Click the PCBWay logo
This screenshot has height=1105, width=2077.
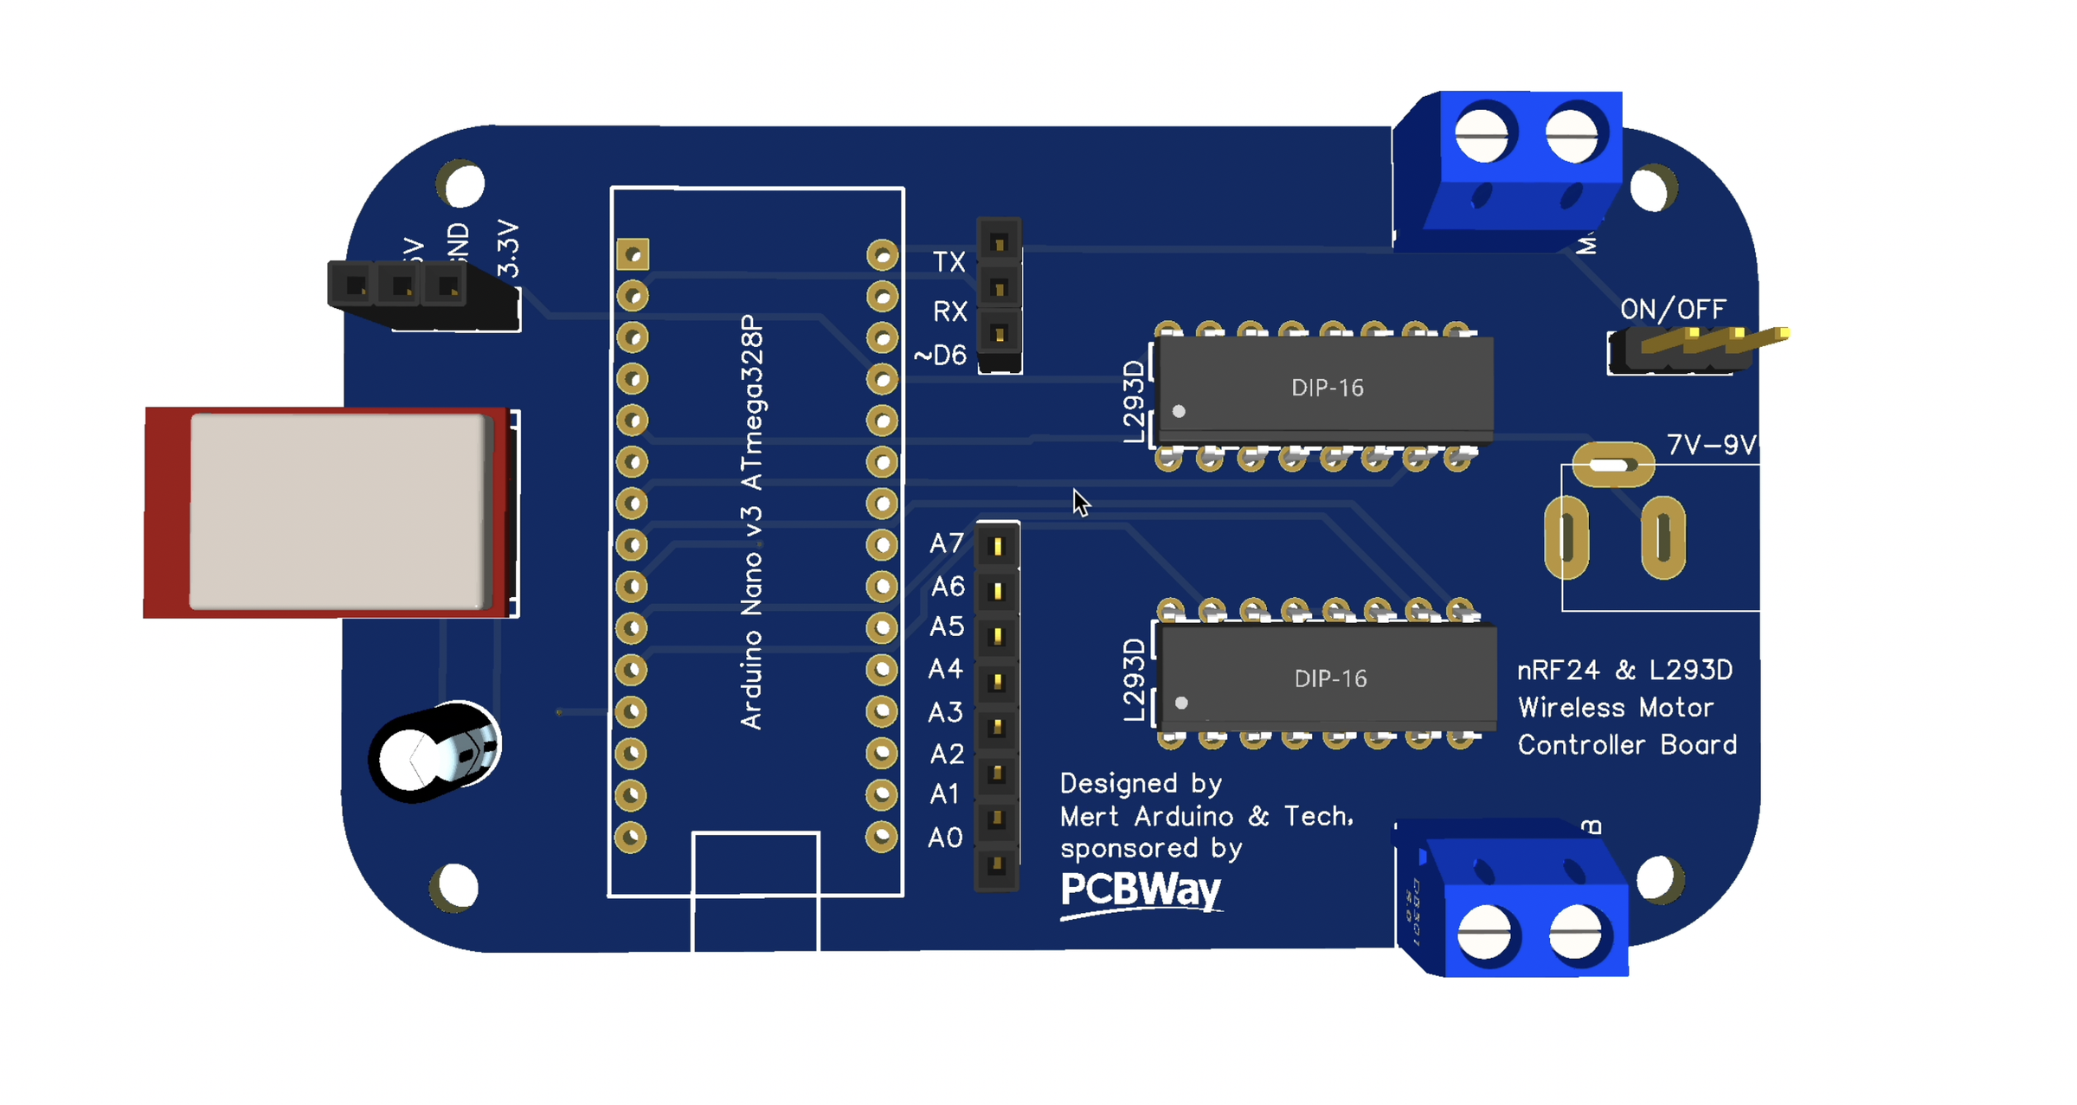click(1141, 891)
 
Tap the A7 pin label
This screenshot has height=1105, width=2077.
click(946, 543)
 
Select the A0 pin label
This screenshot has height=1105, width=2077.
click(944, 838)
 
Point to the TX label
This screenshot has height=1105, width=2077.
click(948, 262)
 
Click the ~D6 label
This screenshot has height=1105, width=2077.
click(940, 355)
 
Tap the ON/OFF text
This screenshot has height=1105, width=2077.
click(1672, 310)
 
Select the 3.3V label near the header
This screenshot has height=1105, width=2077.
click(509, 249)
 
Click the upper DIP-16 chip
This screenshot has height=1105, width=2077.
click(1326, 387)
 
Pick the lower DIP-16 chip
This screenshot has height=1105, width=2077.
click(1329, 678)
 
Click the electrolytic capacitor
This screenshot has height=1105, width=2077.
click(435, 751)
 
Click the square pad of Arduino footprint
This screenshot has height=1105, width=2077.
click(633, 255)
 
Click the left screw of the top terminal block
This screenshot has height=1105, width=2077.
click(1482, 135)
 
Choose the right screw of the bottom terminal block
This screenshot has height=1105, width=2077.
click(1575, 935)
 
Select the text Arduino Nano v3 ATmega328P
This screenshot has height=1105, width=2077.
click(752, 522)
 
